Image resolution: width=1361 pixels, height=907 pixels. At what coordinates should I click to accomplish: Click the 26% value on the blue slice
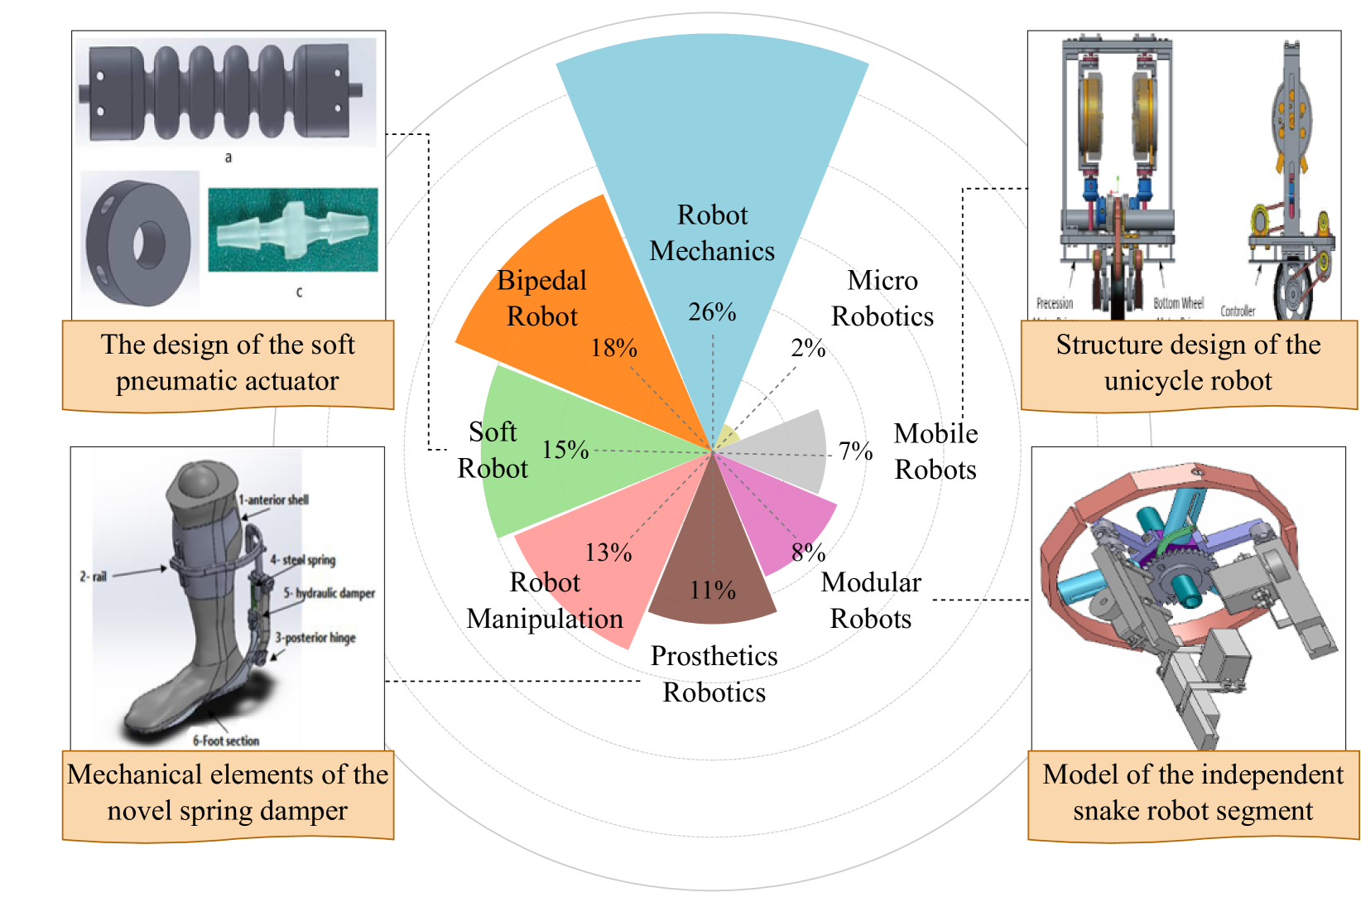(712, 312)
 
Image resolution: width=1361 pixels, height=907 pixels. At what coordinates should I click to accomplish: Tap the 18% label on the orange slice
(613, 348)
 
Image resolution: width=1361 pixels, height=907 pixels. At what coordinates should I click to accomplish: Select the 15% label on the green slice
(565, 450)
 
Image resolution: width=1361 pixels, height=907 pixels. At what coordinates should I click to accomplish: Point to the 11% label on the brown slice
(713, 590)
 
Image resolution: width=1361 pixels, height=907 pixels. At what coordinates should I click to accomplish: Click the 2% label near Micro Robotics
(808, 348)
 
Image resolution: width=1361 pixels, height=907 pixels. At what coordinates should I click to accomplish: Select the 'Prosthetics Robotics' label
(714, 673)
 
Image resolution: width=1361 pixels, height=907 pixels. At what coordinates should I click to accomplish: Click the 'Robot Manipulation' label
(545, 600)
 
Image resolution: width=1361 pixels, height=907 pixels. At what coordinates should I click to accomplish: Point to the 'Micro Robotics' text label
(882, 298)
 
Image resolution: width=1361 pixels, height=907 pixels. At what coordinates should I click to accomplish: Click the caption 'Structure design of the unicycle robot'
(1188, 363)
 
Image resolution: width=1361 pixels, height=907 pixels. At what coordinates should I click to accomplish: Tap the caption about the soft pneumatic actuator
(228, 363)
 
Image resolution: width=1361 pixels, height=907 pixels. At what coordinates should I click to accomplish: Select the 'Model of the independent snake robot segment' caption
(1193, 792)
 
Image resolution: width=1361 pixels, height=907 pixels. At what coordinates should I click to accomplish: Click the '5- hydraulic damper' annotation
(329, 593)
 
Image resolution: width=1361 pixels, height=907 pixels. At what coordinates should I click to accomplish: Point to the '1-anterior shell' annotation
(273, 499)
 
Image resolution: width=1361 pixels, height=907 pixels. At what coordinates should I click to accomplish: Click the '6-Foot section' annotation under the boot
(226, 741)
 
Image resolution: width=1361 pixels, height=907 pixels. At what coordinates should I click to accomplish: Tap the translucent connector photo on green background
(293, 229)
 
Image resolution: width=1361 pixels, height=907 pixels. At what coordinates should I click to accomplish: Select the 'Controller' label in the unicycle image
(1238, 311)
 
